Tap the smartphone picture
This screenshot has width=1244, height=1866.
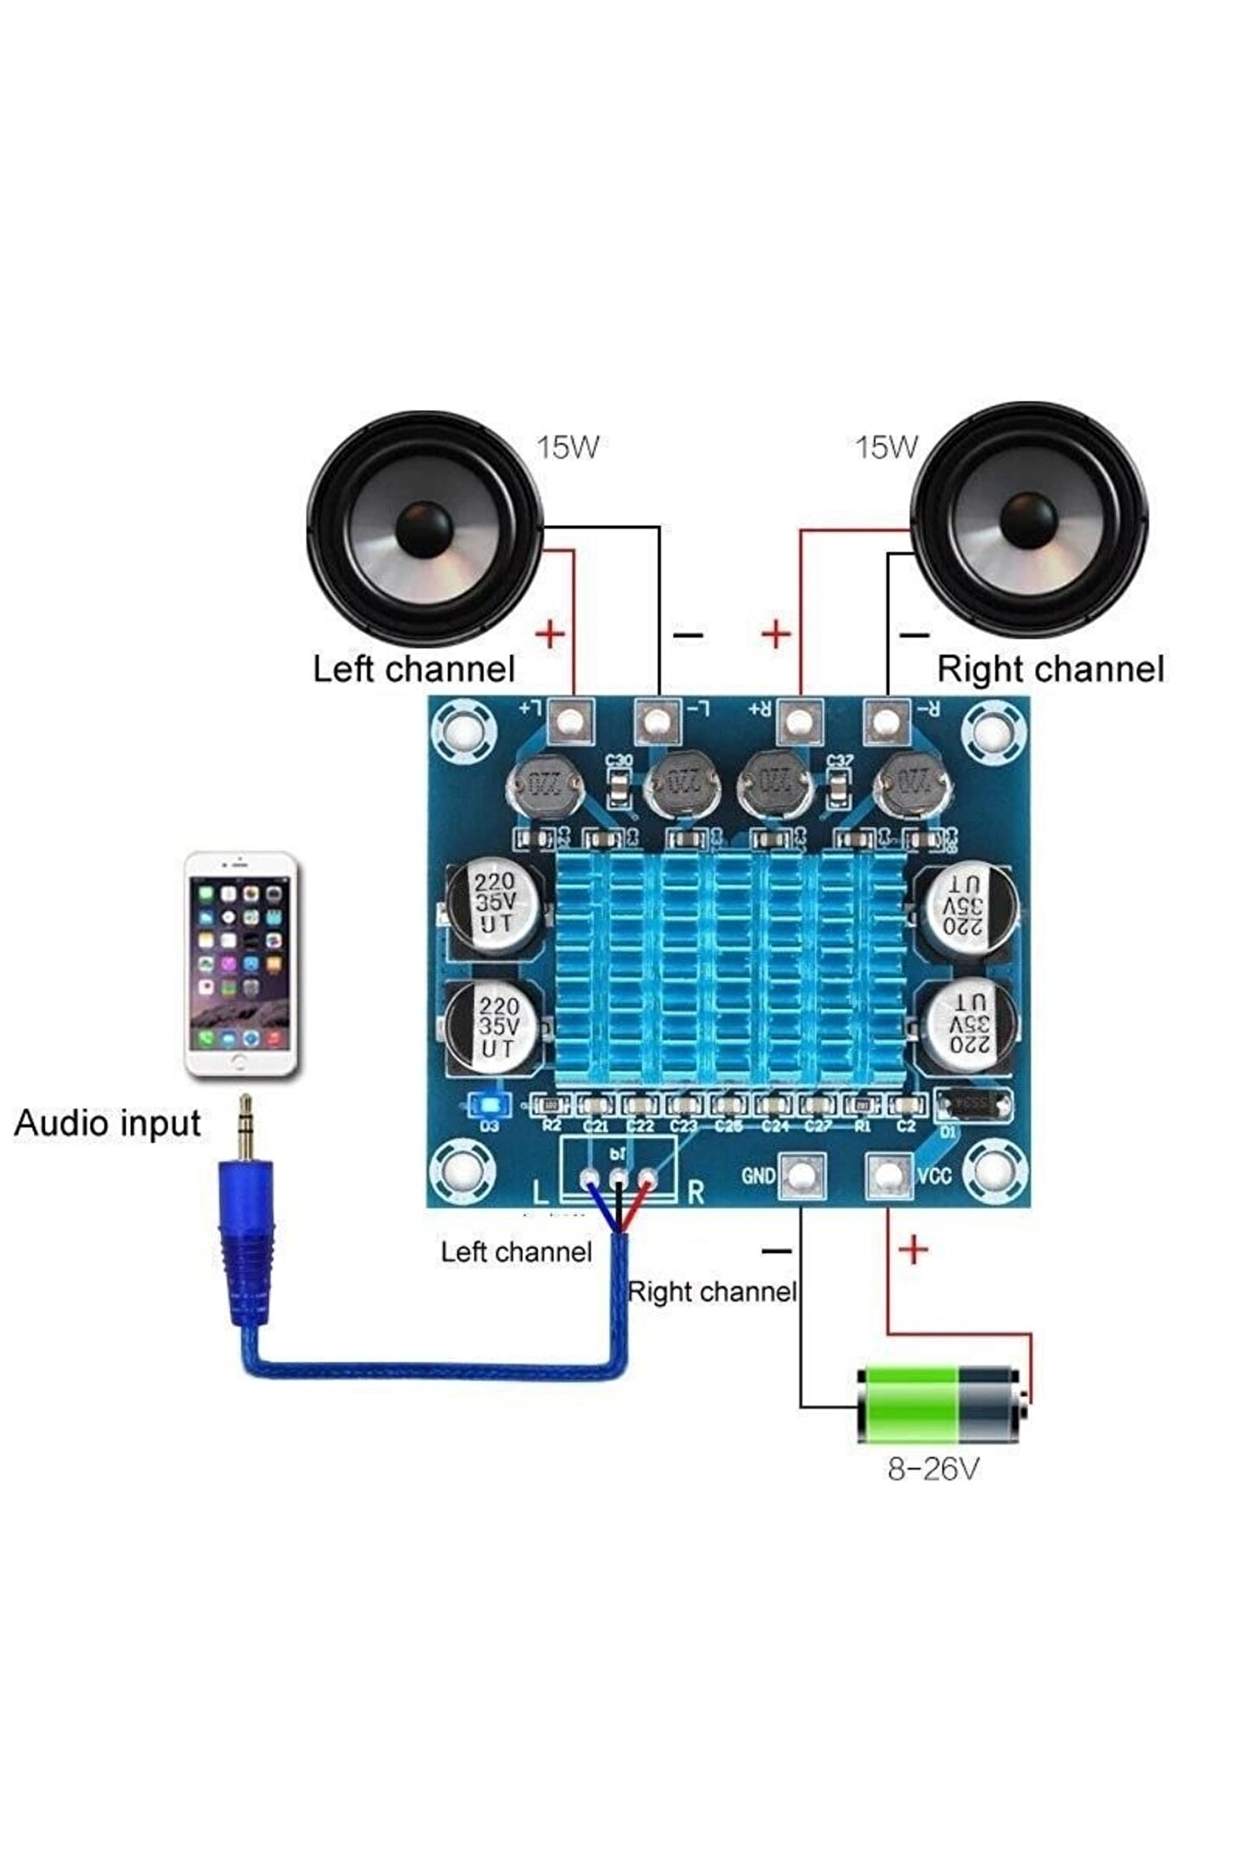[242, 964]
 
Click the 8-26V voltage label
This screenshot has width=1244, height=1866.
[933, 1469]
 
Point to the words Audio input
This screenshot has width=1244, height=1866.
[107, 1123]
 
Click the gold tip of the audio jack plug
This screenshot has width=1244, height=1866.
[245, 1127]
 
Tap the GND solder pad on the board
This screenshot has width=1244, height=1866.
[802, 1176]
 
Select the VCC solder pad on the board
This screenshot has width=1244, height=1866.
[889, 1175]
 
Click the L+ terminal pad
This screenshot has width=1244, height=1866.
[572, 720]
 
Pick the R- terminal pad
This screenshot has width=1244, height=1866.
[887, 720]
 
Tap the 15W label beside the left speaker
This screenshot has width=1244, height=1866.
[568, 447]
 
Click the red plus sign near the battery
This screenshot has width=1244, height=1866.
[913, 1249]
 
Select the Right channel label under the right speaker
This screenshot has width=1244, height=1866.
[1050, 670]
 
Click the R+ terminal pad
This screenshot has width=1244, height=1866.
[800, 720]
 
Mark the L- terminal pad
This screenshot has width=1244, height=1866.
[657, 720]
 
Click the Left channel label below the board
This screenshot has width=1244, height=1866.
[516, 1252]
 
